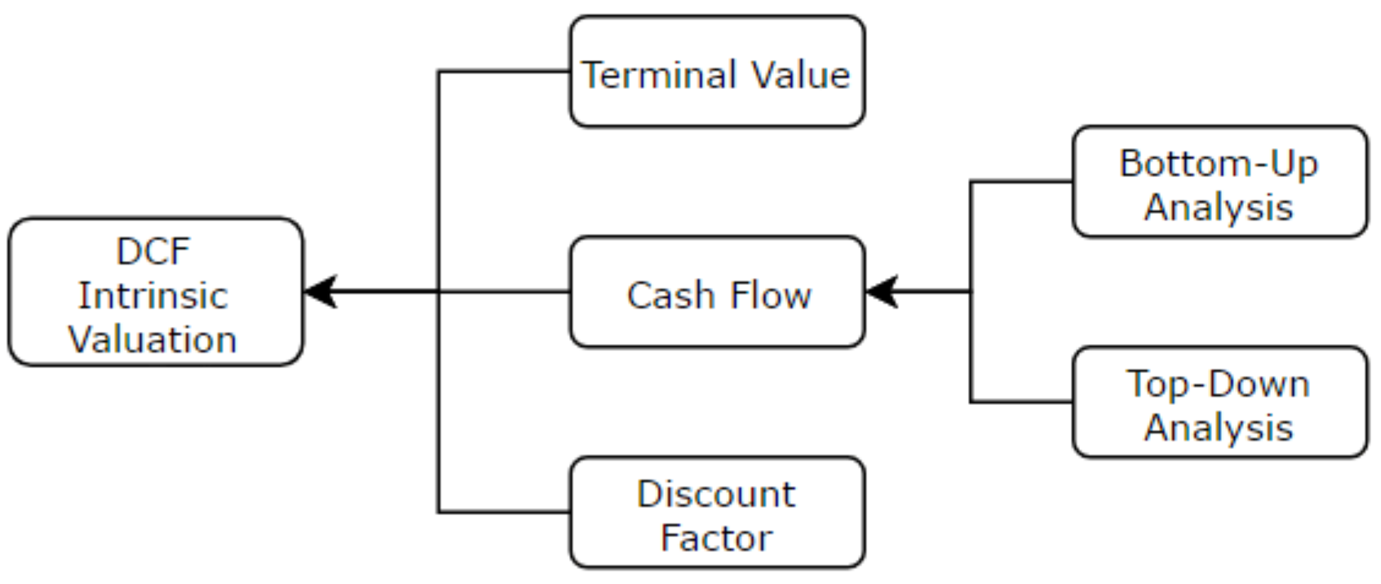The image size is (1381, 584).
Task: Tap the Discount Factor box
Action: (x=717, y=513)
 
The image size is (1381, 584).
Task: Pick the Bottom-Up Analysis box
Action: (x=1220, y=181)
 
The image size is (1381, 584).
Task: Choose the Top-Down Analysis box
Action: (x=1220, y=402)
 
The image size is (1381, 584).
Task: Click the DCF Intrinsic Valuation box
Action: (x=155, y=291)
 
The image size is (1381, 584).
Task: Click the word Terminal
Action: (x=658, y=75)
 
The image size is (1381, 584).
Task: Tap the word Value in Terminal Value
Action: (x=800, y=75)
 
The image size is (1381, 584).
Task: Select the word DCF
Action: (x=153, y=251)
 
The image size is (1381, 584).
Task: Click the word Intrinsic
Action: (x=153, y=295)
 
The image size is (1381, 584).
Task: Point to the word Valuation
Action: (x=153, y=339)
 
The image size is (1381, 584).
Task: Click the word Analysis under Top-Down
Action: (x=1219, y=427)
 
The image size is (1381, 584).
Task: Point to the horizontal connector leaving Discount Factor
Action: (x=505, y=512)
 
